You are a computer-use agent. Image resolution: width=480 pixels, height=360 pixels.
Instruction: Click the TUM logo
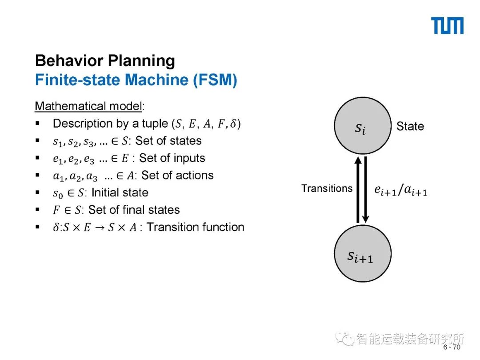[x=448, y=26]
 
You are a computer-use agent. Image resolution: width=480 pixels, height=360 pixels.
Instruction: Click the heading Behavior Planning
[x=105, y=61]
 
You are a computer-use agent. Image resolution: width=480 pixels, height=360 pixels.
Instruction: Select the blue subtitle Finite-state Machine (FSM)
[x=136, y=80]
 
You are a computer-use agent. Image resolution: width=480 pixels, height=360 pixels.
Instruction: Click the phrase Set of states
[x=168, y=141]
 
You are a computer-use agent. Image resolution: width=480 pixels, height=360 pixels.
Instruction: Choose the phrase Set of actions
[x=177, y=176]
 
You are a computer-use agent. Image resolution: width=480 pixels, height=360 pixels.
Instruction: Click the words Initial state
[x=120, y=193]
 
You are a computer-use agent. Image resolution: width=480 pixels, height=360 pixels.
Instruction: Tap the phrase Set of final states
[x=134, y=210]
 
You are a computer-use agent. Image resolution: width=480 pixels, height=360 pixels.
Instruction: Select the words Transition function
[x=196, y=227]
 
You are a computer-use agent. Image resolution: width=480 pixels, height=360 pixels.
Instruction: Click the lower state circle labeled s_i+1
[x=363, y=254]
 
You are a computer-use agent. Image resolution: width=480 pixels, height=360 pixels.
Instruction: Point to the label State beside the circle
[x=410, y=126]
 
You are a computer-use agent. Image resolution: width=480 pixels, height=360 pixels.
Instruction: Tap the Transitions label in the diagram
[x=327, y=188]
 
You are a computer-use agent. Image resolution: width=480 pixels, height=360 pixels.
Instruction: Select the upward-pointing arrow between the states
[x=357, y=189]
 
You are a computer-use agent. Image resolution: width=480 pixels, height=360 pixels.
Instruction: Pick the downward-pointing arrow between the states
[x=366, y=189]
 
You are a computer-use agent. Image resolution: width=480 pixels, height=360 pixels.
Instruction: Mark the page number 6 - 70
[x=452, y=347]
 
